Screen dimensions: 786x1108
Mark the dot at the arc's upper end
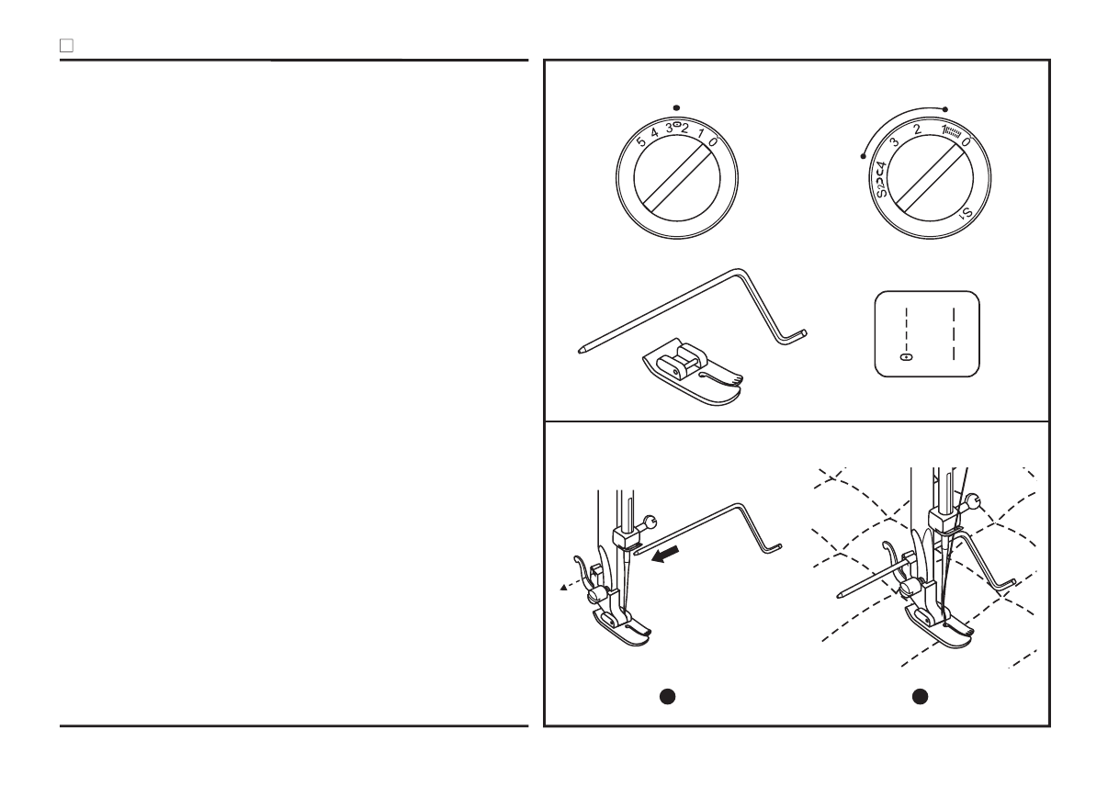click(x=945, y=108)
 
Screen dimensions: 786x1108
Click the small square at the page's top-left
click(x=65, y=44)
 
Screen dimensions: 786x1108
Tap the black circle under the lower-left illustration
click(x=670, y=697)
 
